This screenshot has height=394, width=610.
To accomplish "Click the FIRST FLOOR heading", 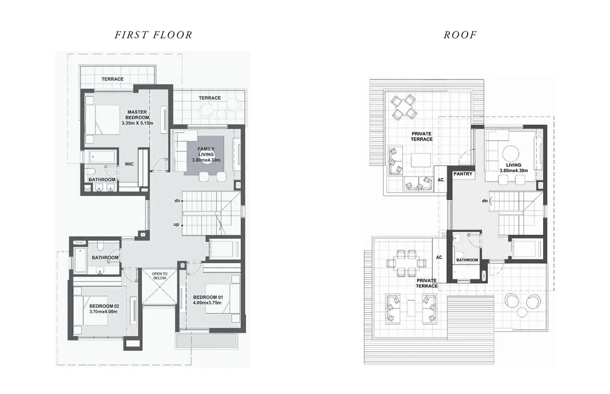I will tap(153, 35).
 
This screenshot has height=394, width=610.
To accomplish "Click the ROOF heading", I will tap(460, 35).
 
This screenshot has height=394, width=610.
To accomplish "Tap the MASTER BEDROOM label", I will tap(137, 115).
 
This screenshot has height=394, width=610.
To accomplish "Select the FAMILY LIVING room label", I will tap(206, 151).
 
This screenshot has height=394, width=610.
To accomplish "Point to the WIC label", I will tap(129, 164).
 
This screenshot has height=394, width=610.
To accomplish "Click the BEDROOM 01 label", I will tap(206, 297).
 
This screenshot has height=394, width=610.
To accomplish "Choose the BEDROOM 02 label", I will tap(104, 306).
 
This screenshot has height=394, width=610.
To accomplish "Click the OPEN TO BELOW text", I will tap(159, 276).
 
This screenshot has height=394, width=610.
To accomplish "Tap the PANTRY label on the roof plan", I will tap(463, 174).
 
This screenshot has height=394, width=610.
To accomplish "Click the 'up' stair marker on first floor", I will tap(176, 224).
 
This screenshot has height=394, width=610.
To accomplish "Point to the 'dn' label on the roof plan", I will tap(485, 201).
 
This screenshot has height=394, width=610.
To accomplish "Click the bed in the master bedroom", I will tap(103, 120).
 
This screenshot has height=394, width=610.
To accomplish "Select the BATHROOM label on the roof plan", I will tap(467, 260).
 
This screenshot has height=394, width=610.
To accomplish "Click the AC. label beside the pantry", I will tap(440, 180).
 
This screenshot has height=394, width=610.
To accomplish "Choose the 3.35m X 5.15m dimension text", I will tap(137, 123).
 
